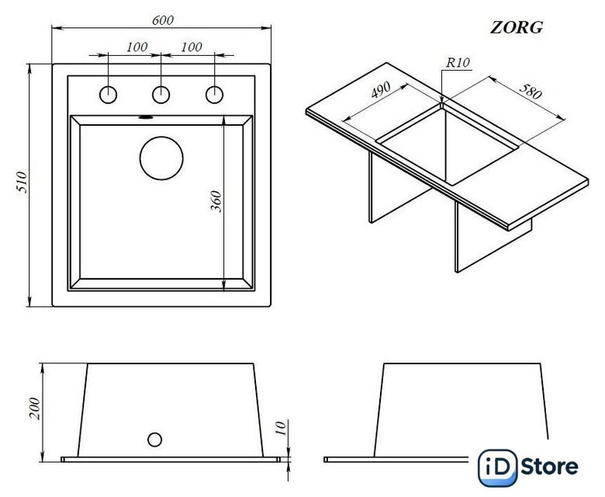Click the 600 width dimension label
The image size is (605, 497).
tap(162, 20)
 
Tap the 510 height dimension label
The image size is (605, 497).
tap(22, 182)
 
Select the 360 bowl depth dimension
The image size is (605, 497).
tap(216, 201)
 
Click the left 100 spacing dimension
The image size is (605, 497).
tap(137, 47)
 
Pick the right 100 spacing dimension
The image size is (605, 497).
tap(192, 47)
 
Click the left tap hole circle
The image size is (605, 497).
tap(108, 95)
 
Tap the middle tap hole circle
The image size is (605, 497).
tap(161, 95)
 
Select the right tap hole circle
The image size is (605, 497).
tap(214, 95)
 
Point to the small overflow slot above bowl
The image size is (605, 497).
tap(146, 116)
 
